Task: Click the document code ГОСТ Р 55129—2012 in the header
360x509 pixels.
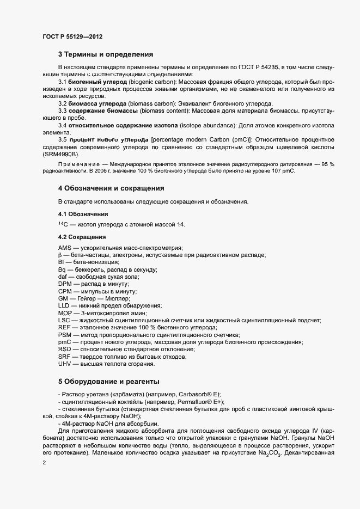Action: (x=72, y=36)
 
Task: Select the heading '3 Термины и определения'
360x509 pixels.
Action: (x=106, y=54)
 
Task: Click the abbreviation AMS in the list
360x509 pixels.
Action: (x=65, y=248)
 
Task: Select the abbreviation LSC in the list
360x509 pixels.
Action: (x=64, y=321)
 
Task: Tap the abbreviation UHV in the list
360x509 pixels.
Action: (x=65, y=364)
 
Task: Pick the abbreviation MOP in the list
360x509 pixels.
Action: (x=65, y=313)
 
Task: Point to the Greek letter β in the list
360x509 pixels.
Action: (x=60, y=255)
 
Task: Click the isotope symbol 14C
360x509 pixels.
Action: (x=63, y=224)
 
